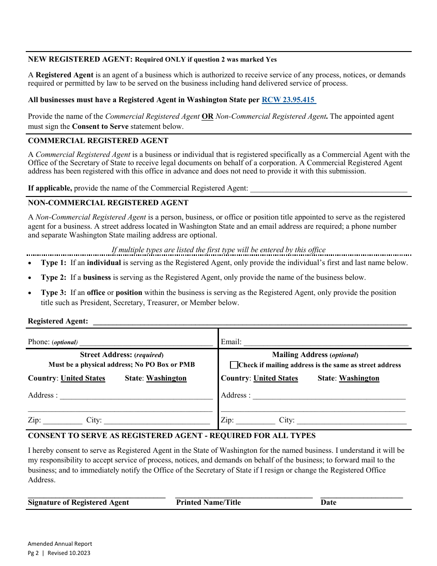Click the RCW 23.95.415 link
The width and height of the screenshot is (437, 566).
pyautogui.click(x=288, y=100)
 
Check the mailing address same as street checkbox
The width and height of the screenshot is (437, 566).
pyautogui.click(x=234, y=365)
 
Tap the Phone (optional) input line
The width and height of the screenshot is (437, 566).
pyautogui.click(x=146, y=342)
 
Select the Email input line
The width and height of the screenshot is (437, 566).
pyautogui.click(x=326, y=342)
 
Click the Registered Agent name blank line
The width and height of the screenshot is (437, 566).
pyautogui.click(x=250, y=322)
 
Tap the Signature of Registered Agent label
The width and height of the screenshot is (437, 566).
pyautogui.click(x=79, y=502)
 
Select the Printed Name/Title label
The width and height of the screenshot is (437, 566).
pyautogui.click(x=208, y=502)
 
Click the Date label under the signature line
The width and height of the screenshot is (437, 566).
pyautogui.click(x=328, y=502)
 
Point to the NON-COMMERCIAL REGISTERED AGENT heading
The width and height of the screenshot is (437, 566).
pyautogui.click(x=108, y=203)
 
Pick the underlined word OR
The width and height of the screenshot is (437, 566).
pyautogui.click(x=207, y=116)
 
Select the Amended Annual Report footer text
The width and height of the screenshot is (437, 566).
pyautogui.click(x=60, y=544)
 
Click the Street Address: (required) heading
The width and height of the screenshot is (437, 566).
pyautogui.click(x=121, y=355)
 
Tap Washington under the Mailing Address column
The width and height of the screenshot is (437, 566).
pyautogui.click(x=359, y=378)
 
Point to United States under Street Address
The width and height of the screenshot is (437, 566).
pyautogui.click(x=83, y=378)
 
